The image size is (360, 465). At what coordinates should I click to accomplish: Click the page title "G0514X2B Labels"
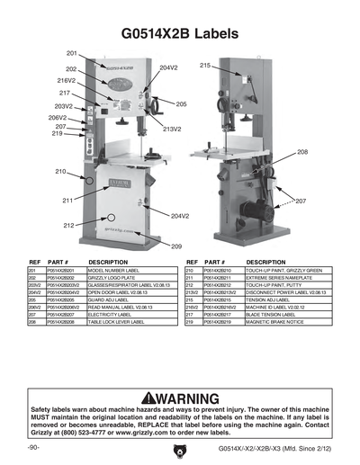pyautogui.click(x=180, y=33)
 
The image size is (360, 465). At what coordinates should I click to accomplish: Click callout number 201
pyautogui.click(x=72, y=54)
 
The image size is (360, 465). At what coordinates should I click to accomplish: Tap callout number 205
pyautogui.click(x=181, y=104)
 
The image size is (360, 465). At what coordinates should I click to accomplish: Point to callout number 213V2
pyautogui.click(x=172, y=129)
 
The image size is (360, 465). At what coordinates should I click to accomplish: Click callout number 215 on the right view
pyautogui.click(x=205, y=66)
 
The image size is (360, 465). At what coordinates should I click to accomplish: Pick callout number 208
pyautogui.click(x=302, y=152)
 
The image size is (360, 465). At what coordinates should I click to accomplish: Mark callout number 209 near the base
pyautogui.click(x=176, y=246)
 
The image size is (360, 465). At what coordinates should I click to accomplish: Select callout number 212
pyautogui.click(x=69, y=225)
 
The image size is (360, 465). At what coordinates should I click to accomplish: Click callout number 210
pyautogui.click(x=60, y=171)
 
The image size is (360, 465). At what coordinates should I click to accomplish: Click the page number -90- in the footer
pyautogui.click(x=33, y=447)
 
